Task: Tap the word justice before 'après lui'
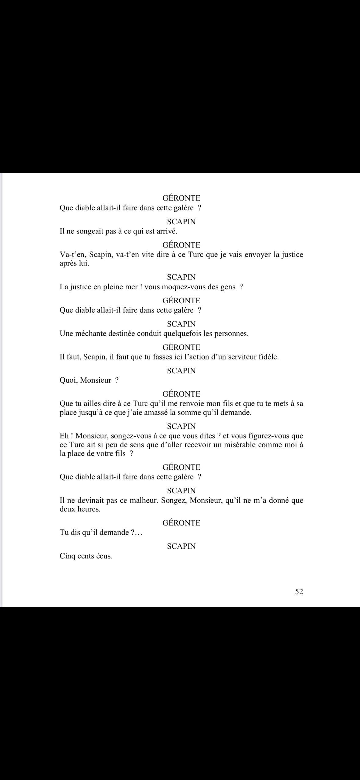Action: (x=291, y=255)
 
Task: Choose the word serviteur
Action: (x=241, y=357)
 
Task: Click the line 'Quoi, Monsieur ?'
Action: (x=89, y=380)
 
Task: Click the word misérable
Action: (x=235, y=445)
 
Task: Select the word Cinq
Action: (x=68, y=556)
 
